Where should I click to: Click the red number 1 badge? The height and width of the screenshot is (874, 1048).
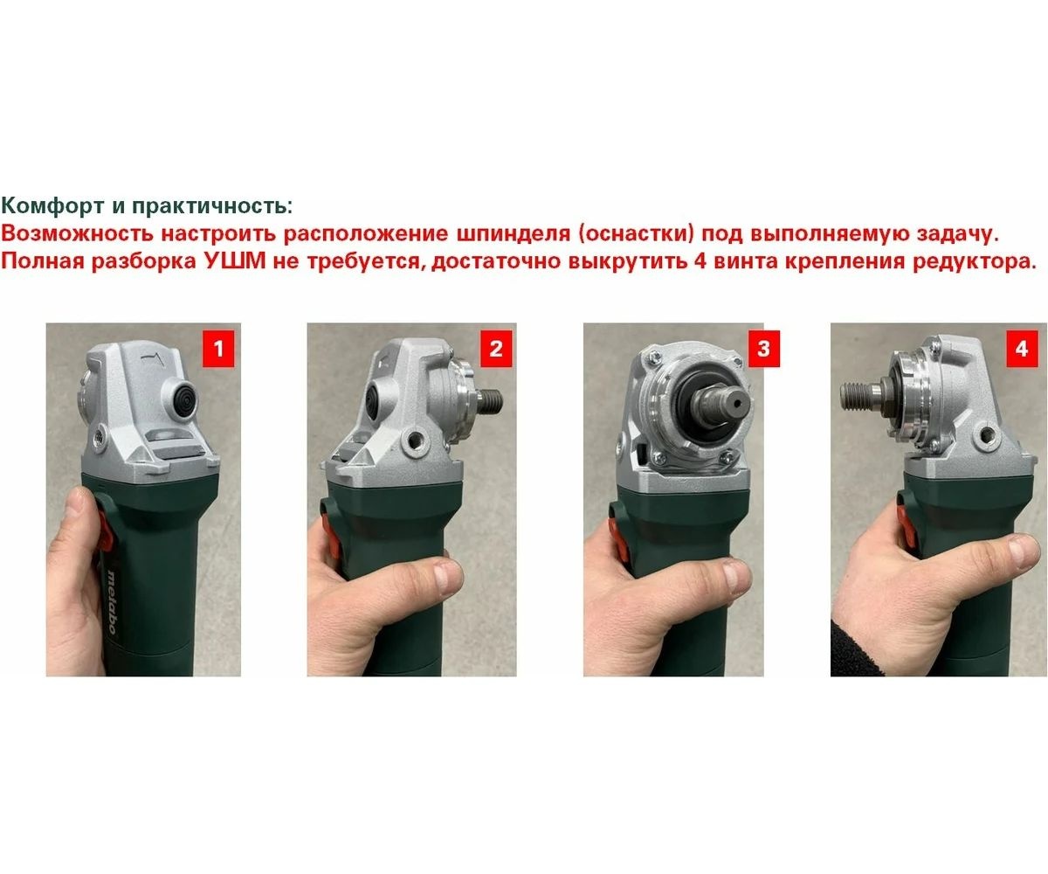pos(218,349)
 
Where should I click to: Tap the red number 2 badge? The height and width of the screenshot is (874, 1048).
pos(496,349)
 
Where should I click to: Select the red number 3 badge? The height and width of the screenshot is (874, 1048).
pos(763,349)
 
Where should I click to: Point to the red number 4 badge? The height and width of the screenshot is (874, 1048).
pos(1022,349)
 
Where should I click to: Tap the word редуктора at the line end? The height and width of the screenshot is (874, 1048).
pos(975,262)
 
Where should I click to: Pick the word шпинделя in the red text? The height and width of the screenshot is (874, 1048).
pos(513,235)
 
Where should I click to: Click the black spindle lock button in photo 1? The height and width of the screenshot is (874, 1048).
pos(180,400)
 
